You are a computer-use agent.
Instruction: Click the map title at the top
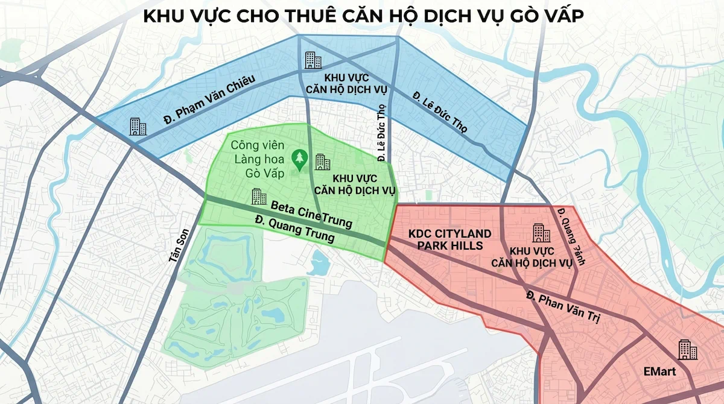tap(363, 16)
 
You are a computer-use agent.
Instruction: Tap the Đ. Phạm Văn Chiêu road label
tap(209, 99)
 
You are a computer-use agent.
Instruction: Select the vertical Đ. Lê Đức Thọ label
tap(381, 133)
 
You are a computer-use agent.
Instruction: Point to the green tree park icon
tap(298, 159)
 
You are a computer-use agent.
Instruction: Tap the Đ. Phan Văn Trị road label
tap(562, 308)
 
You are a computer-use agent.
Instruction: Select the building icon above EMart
tap(684, 349)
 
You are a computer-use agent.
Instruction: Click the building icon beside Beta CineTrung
tap(259, 196)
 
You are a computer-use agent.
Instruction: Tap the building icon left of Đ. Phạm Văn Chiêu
tap(138, 126)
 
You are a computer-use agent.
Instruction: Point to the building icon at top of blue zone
tap(313, 60)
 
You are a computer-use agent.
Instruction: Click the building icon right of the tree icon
tap(323, 162)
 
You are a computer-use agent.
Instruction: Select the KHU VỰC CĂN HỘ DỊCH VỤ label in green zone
tap(355, 185)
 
